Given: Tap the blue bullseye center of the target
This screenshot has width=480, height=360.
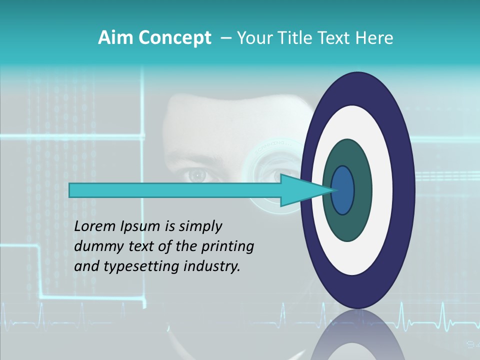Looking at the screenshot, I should point(342,190).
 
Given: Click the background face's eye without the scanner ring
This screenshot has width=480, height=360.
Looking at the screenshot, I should point(197,175).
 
